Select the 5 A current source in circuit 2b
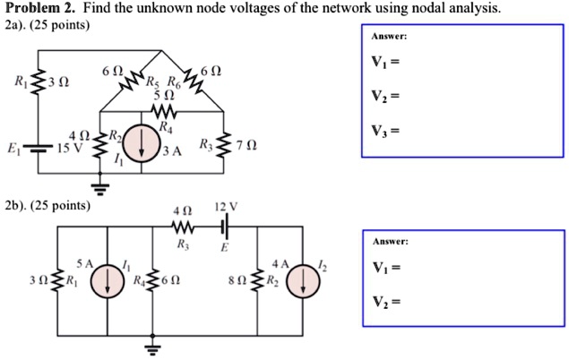coord(108,279)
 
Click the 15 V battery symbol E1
coord(37,146)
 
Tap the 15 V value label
coord(69,147)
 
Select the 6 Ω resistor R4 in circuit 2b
coord(153,279)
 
